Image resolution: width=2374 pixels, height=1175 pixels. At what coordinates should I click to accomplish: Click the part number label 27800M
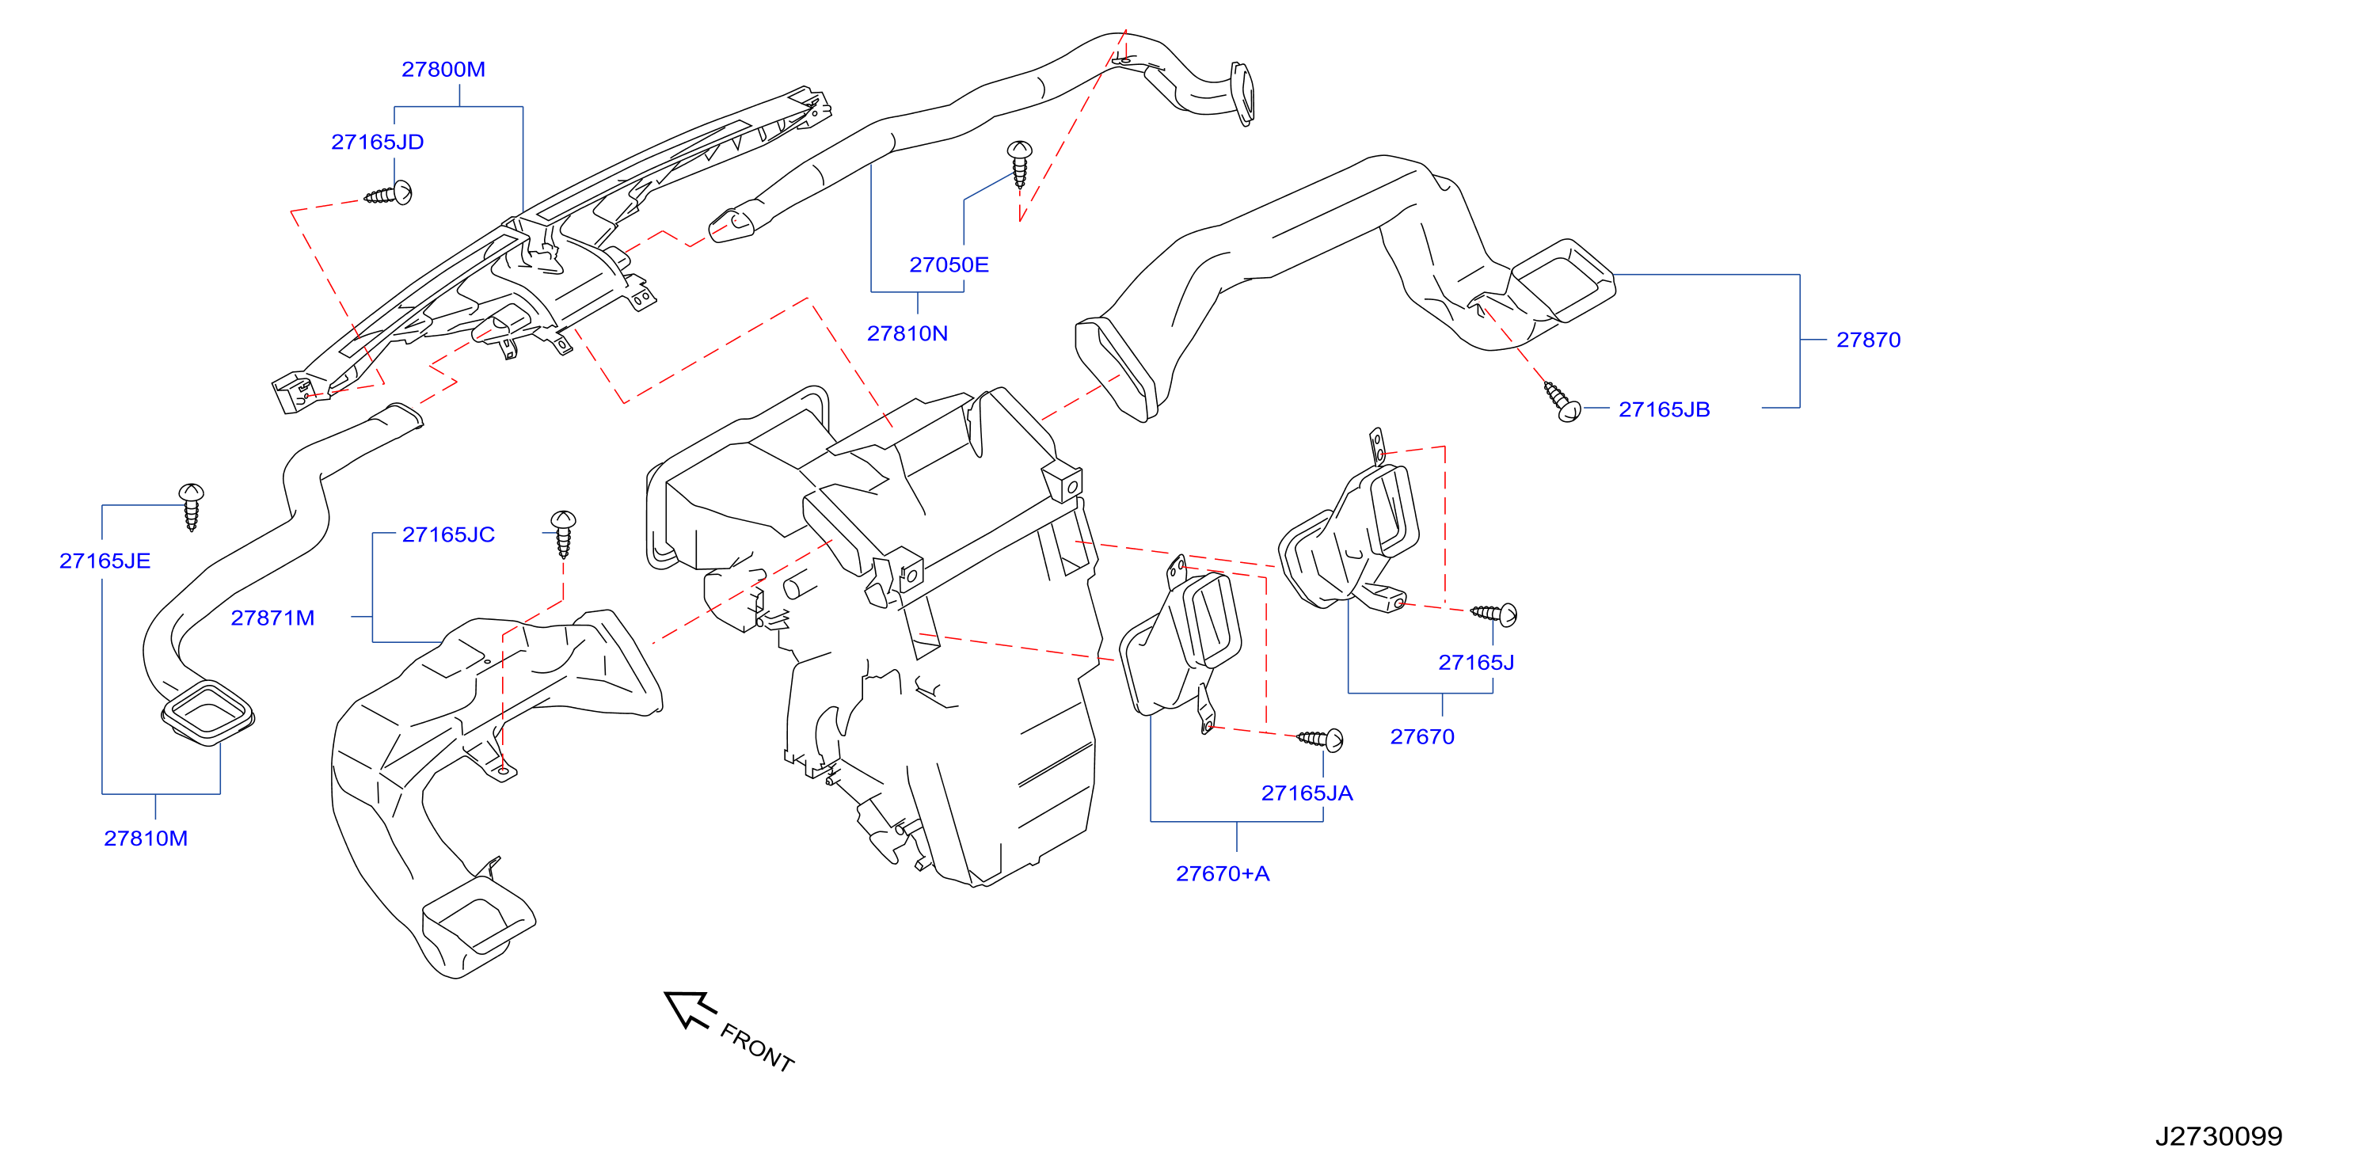(x=443, y=69)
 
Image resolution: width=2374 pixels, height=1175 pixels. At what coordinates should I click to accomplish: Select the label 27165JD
(x=378, y=142)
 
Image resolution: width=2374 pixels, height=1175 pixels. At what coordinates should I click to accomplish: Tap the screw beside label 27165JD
(x=389, y=193)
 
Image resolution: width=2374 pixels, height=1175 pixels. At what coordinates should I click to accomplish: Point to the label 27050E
(x=949, y=264)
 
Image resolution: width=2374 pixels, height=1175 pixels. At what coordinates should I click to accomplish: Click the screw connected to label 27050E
(x=1019, y=164)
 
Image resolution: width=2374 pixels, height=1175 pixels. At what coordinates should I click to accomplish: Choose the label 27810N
(x=907, y=333)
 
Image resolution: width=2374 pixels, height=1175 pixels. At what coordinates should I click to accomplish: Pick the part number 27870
(x=1868, y=340)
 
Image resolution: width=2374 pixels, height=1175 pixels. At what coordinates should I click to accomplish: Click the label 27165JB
(x=1664, y=409)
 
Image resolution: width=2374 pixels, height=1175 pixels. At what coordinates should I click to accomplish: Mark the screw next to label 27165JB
(x=1563, y=401)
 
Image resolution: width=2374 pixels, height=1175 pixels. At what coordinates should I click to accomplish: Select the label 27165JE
(x=105, y=561)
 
